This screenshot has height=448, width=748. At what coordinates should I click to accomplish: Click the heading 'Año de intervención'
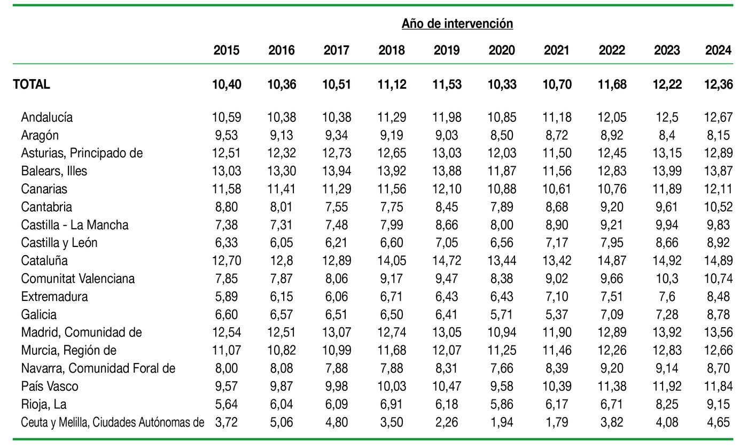tap(457, 24)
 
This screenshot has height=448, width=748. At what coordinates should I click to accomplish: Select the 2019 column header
tap(447, 50)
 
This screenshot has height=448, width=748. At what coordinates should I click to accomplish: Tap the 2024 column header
tap(718, 50)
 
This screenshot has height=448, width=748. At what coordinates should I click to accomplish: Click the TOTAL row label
tap(32, 84)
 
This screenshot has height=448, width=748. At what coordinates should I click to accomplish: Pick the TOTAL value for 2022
tap(612, 84)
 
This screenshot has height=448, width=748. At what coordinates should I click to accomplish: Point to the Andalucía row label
tap(47, 117)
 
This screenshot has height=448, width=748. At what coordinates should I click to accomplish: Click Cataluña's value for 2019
tap(447, 260)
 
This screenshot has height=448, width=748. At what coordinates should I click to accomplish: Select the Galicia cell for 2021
tap(557, 315)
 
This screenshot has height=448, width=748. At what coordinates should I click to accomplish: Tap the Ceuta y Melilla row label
tap(113, 423)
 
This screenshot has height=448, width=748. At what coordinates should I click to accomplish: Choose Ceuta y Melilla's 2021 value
tap(557, 423)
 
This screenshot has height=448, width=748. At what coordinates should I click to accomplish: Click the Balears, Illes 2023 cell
tap(667, 171)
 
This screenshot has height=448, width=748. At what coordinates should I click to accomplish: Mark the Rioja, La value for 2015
tap(227, 405)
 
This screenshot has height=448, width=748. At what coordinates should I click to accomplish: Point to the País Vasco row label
tap(50, 387)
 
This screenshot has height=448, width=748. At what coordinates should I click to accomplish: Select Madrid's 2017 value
tap(337, 333)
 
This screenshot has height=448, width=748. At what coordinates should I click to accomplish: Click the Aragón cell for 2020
tap(502, 135)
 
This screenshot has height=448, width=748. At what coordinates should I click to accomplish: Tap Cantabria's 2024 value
tap(718, 207)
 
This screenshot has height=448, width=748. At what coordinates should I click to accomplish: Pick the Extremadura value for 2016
tap(282, 297)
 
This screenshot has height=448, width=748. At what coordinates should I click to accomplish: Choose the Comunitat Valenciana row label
tap(78, 279)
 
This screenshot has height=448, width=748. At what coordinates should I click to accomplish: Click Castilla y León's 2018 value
tap(392, 243)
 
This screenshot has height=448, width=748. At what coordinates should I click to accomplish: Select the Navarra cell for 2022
tap(612, 368)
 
